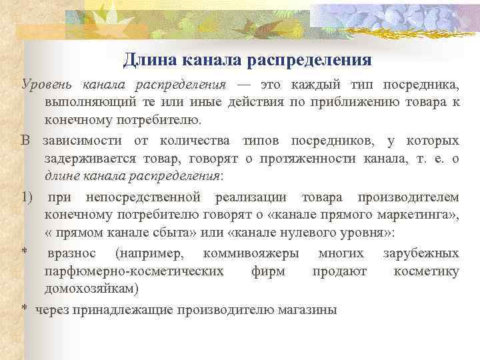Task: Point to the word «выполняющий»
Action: (x=82, y=102)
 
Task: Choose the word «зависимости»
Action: (x=83, y=141)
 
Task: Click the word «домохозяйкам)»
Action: (x=92, y=289)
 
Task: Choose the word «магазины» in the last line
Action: (x=311, y=309)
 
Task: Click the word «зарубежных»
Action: (x=421, y=253)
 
